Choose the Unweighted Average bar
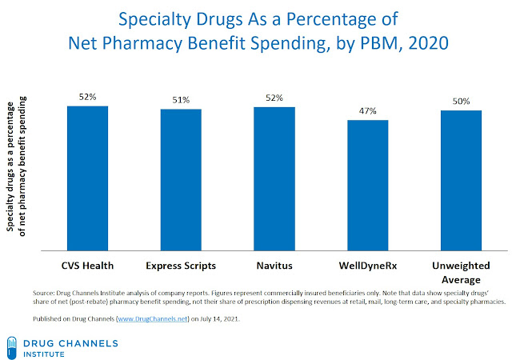pyautogui.click(x=461, y=179)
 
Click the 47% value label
pyautogui.click(x=368, y=111)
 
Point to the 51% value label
pyautogui.click(x=182, y=100)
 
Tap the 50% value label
pyautogui.click(x=462, y=102)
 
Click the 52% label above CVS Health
pyautogui.click(x=87, y=98)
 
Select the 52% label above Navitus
pyautogui.click(x=274, y=98)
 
